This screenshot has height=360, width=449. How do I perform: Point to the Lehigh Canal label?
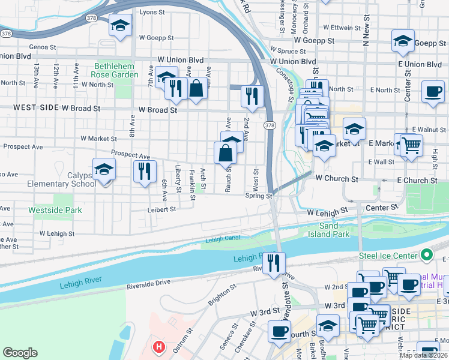tap(223, 239)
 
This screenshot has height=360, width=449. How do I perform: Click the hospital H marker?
tap(158, 346)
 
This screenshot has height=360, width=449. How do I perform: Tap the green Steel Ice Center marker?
tap(427, 255)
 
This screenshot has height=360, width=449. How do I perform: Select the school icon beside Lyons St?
tap(120, 26)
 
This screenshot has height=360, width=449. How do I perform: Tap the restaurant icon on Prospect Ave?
tap(145, 171)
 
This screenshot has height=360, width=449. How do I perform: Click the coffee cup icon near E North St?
tap(432, 92)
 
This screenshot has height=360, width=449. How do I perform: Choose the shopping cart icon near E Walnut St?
tap(411, 145)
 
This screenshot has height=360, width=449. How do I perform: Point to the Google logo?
tap(20, 352)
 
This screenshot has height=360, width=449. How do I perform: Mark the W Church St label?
tap(336, 179)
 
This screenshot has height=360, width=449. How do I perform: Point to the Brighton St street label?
tap(221, 296)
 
